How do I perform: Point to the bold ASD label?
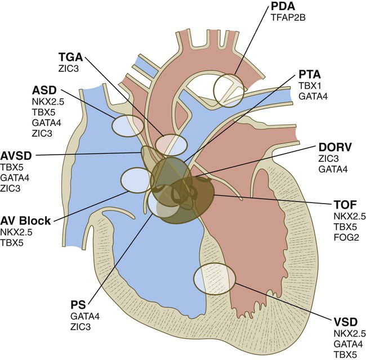coord(44,90)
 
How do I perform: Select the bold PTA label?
coord(310,75)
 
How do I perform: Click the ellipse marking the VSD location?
coord(214,280)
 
